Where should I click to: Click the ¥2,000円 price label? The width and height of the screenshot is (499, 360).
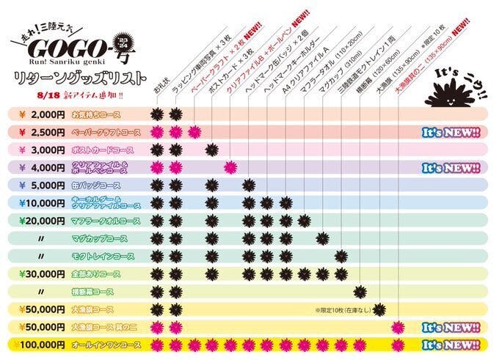pyautogui.click(x=38, y=114)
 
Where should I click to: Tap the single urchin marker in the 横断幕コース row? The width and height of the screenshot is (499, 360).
pyautogui.click(x=360, y=291)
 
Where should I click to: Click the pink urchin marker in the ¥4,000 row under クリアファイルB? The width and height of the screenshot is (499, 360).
pyautogui.click(x=230, y=167)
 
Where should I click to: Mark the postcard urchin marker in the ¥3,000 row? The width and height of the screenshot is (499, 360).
pyautogui.click(x=211, y=150)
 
